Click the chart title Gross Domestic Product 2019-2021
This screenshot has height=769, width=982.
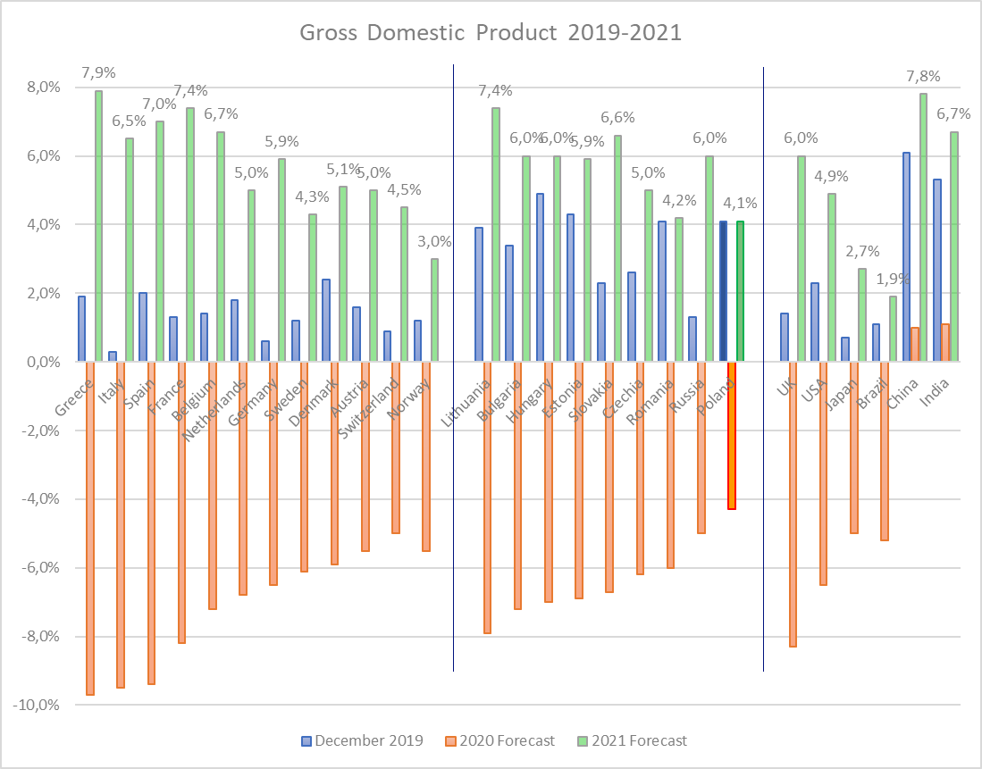(491, 33)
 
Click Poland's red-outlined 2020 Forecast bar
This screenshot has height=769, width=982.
(731, 435)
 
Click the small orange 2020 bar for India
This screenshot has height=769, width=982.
(945, 343)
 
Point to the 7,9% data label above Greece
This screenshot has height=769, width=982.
(98, 72)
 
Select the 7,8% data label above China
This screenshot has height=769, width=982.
(923, 75)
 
